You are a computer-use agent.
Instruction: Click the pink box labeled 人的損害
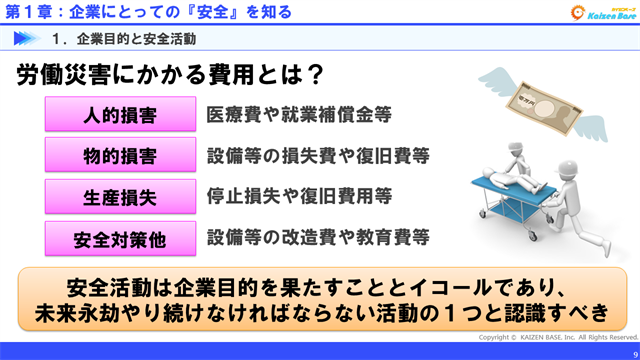120,114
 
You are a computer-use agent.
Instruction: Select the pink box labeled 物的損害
120,156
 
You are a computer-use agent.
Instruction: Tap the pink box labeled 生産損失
120,197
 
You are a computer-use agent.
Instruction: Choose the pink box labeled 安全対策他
120,239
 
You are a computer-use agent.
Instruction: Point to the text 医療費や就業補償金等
297,114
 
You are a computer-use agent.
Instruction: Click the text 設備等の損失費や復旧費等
318,156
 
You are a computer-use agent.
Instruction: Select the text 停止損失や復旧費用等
298,197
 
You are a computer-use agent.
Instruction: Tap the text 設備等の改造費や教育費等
318,238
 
